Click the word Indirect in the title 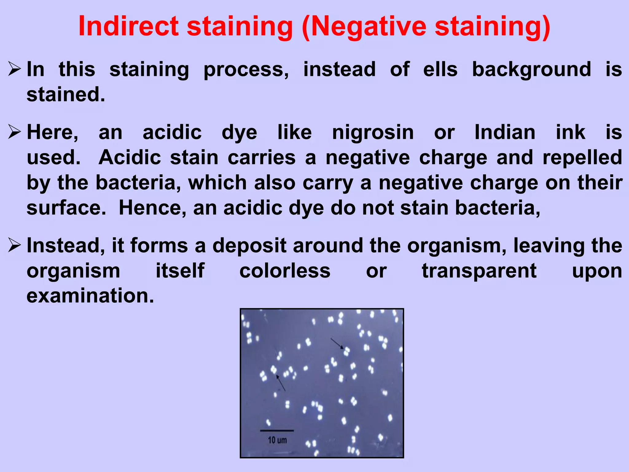click(128, 26)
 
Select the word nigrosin click(373, 133)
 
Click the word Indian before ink click(505, 133)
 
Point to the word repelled click(582, 158)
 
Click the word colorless click(285, 271)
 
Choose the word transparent click(479, 271)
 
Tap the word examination click(90, 296)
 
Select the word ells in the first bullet click(440, 69)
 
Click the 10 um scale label click(277, 440)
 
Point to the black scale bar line click(277, 431)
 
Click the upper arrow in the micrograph click(337, 344)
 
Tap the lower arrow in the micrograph click(281, 383)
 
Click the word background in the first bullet click(531, 69)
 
